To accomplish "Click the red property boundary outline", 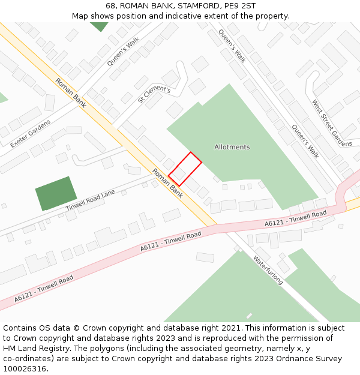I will (185, 169).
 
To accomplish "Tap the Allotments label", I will (232, 147).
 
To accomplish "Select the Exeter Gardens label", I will (31, 133).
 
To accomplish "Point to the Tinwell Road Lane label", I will (90, 200).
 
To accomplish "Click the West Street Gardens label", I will (332, 123).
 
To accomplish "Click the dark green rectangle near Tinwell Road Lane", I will (56, 193).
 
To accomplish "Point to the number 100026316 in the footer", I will (25, 368).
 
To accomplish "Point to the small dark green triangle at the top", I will (99, 26).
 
